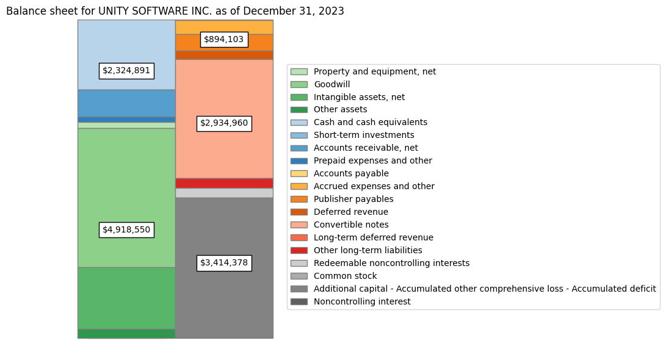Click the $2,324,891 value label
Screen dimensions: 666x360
126,71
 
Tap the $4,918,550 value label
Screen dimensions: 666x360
126,230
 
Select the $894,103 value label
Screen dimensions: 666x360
224,40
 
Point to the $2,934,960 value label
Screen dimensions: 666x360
224,123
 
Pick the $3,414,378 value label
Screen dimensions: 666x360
224,263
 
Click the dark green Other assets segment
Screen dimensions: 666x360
126,334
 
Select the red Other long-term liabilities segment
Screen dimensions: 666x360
224,184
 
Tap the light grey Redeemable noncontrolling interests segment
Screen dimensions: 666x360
224,193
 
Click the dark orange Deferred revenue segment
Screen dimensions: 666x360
224,55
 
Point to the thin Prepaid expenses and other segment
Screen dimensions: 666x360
126,120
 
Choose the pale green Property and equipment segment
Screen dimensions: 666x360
126,126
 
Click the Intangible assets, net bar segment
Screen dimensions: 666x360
126,298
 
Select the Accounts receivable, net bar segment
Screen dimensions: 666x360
126,104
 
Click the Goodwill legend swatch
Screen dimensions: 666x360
299,84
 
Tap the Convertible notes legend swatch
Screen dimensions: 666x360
299,225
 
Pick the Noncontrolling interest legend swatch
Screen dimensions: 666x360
299,301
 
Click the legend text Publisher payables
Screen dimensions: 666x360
353,199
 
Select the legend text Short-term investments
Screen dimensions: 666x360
364,135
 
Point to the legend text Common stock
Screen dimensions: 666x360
346,276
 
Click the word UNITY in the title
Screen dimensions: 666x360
114,11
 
